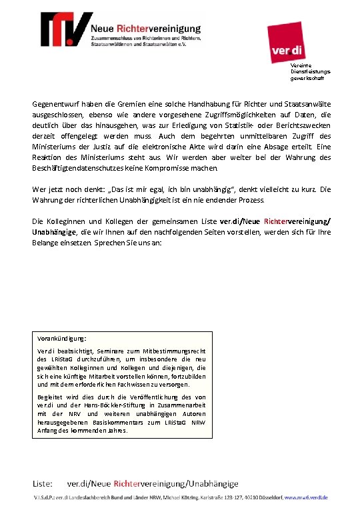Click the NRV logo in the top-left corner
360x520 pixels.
65,27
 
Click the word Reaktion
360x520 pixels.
47,157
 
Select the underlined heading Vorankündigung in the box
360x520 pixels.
62,338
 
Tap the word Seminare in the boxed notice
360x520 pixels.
101,351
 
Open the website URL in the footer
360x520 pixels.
305,498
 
